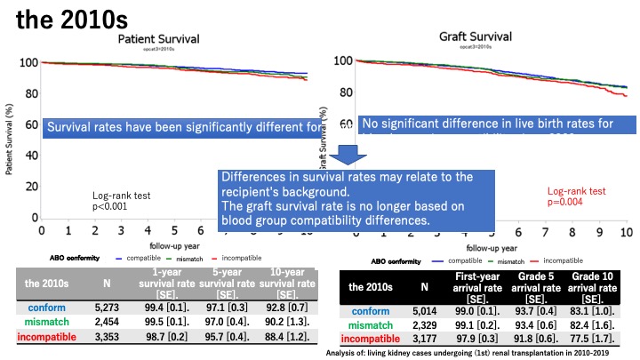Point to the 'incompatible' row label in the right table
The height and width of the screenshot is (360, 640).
click(370, 338)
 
